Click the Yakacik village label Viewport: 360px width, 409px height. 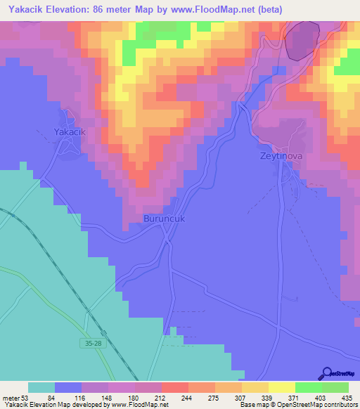click(x=70, y=131)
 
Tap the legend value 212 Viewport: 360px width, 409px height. click(x=161, y=398)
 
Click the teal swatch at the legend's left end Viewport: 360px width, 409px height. click(x=41, y=387)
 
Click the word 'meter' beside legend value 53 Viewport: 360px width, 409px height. click(x=12, y=398)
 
